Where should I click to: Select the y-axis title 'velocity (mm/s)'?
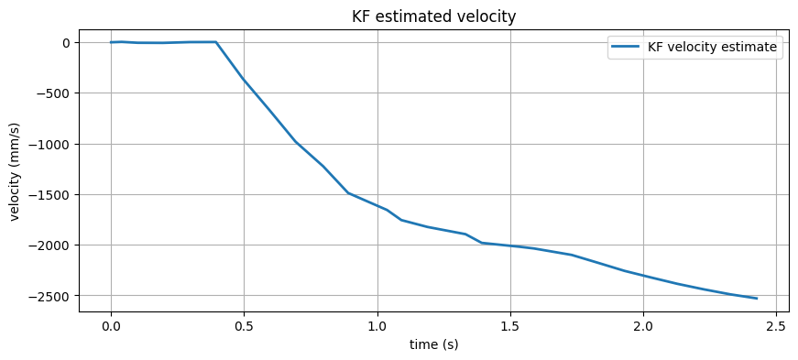click(15, 171)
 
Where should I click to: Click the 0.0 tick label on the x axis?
click(111, 326)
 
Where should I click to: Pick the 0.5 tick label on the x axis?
click(244, 326)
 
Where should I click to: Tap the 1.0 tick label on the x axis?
click(377, 326)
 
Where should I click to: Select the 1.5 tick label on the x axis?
click(510, 326)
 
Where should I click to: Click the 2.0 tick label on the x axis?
click(643, 326)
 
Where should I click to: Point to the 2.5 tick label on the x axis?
click(776, 326)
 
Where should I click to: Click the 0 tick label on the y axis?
click(66, 42)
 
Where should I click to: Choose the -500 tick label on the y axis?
click(53, 93)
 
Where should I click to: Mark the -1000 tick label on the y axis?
click(49, 144)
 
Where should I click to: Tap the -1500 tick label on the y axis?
click(49, 194)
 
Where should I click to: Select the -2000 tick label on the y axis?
click(49, 245)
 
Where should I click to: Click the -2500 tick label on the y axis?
click(49, 296)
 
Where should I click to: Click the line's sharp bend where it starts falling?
click(215, 42)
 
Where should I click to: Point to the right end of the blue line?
click(757, 299)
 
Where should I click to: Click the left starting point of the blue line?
click(111, 42)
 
